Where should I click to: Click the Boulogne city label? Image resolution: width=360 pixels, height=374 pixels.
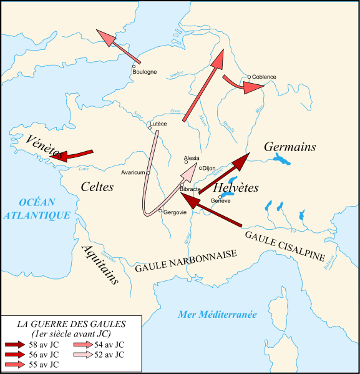pyautogui.click(x=145, y=72)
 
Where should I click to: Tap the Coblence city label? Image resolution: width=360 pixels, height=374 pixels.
pyautogui.click(x=265, y=77)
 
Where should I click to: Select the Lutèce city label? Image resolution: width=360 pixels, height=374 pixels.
pyautogui.click(x=158, y=124)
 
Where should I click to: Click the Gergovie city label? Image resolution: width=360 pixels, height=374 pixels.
pyautogui.click(x=175, y=213)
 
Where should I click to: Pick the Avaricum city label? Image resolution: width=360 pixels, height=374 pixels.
pyautogui.click(x=134, y=172)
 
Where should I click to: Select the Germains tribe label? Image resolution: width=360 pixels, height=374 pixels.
pyautogui.click(x=289, y=147)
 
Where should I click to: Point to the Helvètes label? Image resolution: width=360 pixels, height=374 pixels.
pyautogui.click(x=236, y=188)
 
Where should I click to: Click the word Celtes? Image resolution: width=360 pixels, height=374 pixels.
pyautogui.click(x=97, y=186)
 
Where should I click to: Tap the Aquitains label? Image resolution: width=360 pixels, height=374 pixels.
pyautogui.click(x=100, y=263)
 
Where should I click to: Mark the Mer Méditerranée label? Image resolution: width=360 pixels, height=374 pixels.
pyautogui.click(x=217, y=315)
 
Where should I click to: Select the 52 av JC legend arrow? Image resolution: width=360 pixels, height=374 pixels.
pyautogui.click(x=82, y=355)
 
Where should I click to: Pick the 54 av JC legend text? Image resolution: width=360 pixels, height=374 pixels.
pyautogui.click(x=110, y=345)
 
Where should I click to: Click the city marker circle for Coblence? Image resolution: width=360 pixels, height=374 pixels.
pyautogui.click(x=249, y=77)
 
